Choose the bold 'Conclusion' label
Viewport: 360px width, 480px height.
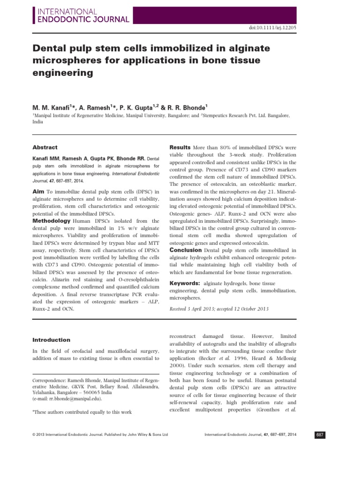tap(186, 250)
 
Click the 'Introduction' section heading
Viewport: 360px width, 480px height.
tap(52, 340)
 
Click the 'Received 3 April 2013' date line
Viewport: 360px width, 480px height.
tap(218, 309)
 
